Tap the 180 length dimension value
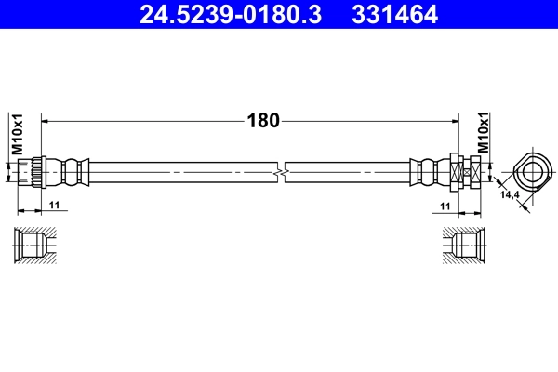coord(262,120)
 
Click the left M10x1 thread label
coord(17,134)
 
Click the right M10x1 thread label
coord(482,134)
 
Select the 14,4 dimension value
coord(510,195)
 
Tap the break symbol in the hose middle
coord(280,172)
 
